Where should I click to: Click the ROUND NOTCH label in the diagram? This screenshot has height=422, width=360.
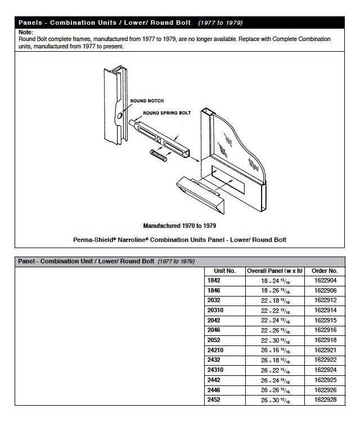pos(147,101)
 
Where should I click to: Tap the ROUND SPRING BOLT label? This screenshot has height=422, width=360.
pos(166,113)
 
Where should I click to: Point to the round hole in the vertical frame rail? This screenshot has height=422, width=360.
pos(119,116)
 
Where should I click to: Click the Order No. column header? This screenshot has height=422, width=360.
pos(325,271)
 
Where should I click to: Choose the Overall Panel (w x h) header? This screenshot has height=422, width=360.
pos(274,271)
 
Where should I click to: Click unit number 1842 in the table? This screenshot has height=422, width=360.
pos(214,280)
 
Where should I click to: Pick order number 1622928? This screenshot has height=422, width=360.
pos(325,400)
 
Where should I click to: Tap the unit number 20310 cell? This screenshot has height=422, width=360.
pos(215,310)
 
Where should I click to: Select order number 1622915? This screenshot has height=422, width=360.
pos(325,320)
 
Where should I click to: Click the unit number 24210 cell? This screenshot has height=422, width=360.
pos(215,350)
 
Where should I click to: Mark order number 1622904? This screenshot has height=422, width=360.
pos(325,280)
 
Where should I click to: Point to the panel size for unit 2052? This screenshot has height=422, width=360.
pos(274,340)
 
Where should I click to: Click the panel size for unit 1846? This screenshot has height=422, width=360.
pos(274,290)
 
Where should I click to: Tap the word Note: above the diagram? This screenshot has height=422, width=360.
pos(25,33)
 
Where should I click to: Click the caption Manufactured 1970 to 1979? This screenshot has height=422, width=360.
pos(180,226)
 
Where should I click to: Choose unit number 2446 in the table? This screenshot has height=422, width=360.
pos(214,390)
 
